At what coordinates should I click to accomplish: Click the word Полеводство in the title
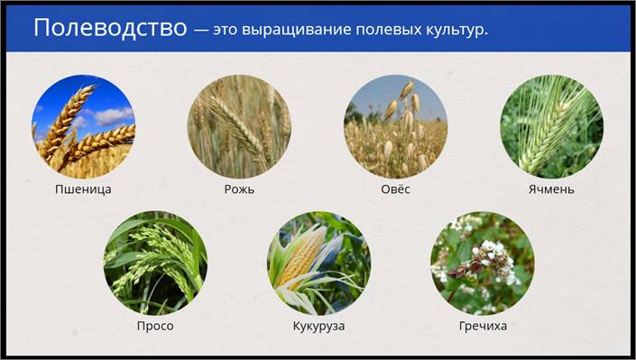pyautogui.click(x=110, y=28)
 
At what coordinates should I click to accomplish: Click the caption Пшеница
pyautogui.click(x=83, y=189)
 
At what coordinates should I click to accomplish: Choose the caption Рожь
pyautogui.click(x=239, y=189)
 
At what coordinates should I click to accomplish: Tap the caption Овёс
pyautogui.click(x=395, y=189)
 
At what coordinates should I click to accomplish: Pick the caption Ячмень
pyautogui.click(x=551, y=189)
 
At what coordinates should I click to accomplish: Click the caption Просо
pyautogui.click(x=155, y=326)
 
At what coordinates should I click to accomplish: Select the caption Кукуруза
pyautogui.click(x=318, y=327)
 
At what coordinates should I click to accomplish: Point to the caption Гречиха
pyautogui.click(x=483, y=326)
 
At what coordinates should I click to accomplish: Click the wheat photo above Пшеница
pyautogui.click(x=83, y=126)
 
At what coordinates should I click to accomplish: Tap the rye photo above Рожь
pyautogui.click(x=239, y=126)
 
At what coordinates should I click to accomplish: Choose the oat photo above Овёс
pyautogui.click(x=395, y=126)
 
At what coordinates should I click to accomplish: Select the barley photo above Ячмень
pyautogui.click(x=551, y=126)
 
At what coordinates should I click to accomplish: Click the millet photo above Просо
pyautogui.click(x=155, y=263)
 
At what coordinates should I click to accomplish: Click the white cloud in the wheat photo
pyautogui.click(x=113, y=115)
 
